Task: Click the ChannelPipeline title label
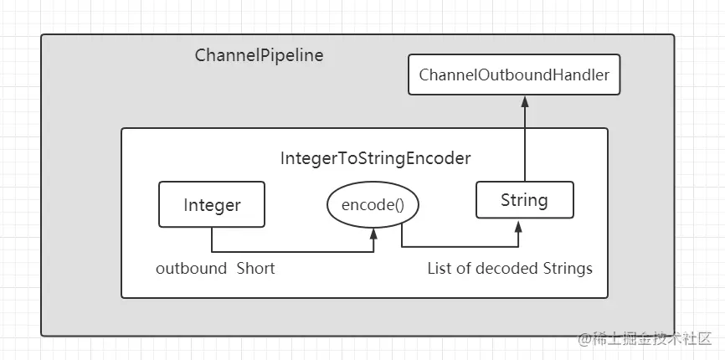(x=259, y=55)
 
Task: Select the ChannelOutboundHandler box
(x=514, y=75)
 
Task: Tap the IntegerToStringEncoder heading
(x=375, y=158)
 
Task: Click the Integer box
(x=212, y=204)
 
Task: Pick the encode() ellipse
(x=373, y=205)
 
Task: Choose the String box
(x=525, y=199)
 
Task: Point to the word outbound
(x=191, y=269)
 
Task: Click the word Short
(x=255, y=269)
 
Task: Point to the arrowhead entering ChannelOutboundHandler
(x=525, y=100)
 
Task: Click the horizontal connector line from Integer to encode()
(x=293, y=252)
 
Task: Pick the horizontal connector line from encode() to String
(x=460, y=247)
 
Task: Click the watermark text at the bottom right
(x=645, y=339)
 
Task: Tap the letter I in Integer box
(x=186, y=205)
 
